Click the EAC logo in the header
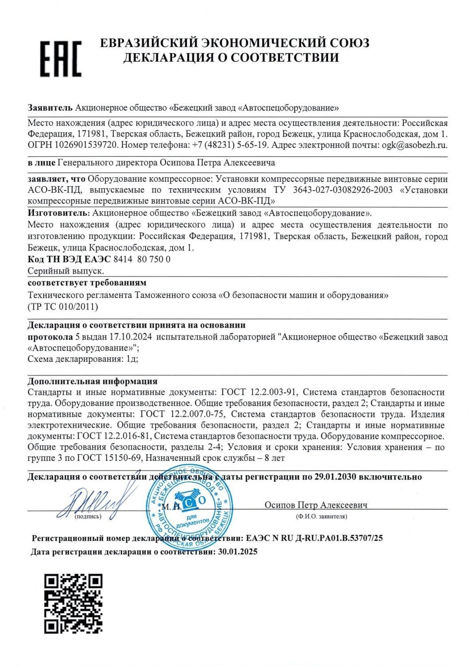(x=61, y=58)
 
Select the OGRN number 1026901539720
(x=87, y=145)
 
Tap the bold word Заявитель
(x=50, y=107)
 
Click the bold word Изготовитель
(x=58, y=213)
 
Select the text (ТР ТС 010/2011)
(x=63, y=306)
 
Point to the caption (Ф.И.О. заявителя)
(x=321, y=516)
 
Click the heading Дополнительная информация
(x=92, y=381)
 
